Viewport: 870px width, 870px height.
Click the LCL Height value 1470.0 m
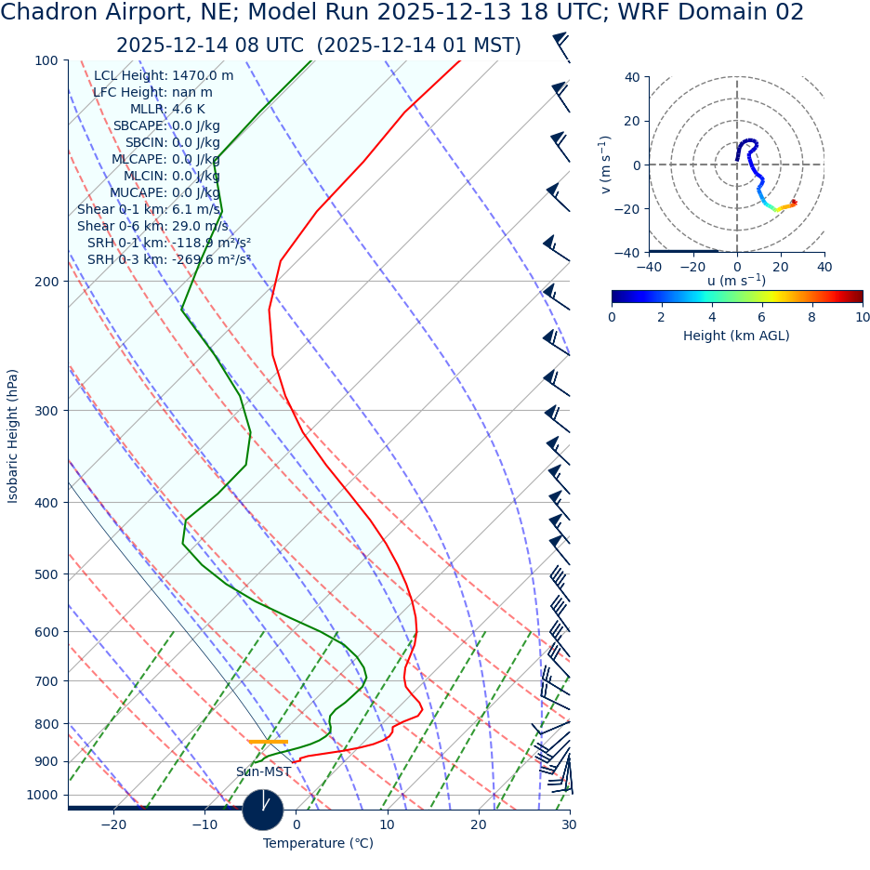(x=203, y=76)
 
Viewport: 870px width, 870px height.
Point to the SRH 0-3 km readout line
(x=168, y=259)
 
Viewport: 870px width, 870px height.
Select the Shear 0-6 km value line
(x=152, y=226)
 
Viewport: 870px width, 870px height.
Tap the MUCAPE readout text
(x=165, y=192)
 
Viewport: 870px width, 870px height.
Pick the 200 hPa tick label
(x=47, y=282)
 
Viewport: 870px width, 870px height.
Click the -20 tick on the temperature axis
(x=113, y=824)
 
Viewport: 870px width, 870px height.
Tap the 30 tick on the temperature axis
(x=569, y=824)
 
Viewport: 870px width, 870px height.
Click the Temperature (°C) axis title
(x=318, y=844)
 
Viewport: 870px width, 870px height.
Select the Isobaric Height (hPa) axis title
(x=13, y=436)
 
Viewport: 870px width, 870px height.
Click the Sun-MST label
(x=263, y=771)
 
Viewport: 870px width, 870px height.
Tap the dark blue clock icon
(x=263, y=810)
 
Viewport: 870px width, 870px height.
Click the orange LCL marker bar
(x=268, y=742)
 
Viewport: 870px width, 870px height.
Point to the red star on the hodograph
(x=793, y=203)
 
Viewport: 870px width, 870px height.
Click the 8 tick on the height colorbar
(x=812, y=317)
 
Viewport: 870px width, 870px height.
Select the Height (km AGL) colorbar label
(x=736, y=336)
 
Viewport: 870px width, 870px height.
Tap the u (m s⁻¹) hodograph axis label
(x=736, y=281)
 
